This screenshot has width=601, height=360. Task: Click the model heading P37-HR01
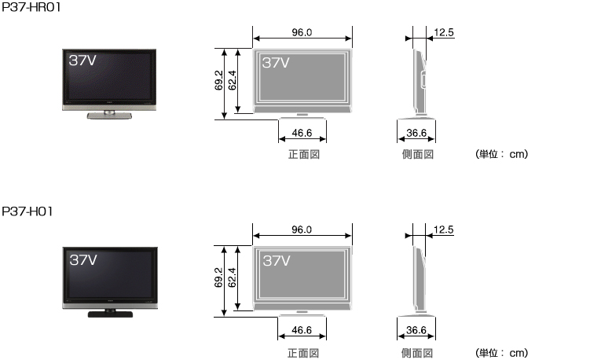tap(31, 7)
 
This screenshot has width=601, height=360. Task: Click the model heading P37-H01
tap(27, 211)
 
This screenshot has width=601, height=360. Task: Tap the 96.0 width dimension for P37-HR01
tap(302, 32)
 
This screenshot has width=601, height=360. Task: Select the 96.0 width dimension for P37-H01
tap(302, 230)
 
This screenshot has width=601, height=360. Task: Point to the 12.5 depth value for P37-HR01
tap(444, 32)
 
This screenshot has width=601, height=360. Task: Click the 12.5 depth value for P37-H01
tap(443, 230)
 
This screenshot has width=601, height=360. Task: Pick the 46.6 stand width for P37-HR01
tap(302, 133)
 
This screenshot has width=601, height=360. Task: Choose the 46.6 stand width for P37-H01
tap(302, 330)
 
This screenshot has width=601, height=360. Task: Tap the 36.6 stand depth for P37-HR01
tap(416, 133)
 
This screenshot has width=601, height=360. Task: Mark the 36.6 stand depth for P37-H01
tap(416, 330)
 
